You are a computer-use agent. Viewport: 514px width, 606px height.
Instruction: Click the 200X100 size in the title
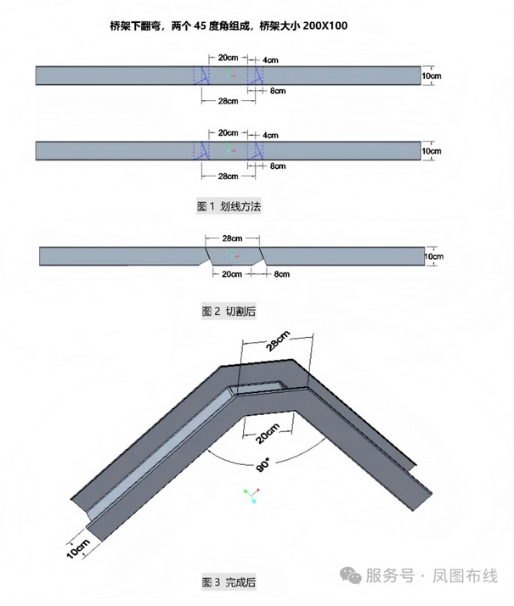[x=324, y=26]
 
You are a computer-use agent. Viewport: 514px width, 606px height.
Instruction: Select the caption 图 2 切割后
[x=229, y=311]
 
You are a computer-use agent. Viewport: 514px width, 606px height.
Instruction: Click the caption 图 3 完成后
[x=229, y=582]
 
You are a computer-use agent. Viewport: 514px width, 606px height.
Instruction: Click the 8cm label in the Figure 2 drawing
[x=281, y=274]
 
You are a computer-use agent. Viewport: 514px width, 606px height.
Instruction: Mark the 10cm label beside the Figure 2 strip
[x=433, y=255]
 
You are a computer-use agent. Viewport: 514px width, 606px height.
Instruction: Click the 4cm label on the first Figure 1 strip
[x=271, y=60]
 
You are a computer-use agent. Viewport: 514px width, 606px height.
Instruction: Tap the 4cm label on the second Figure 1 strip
[x=271, y=135]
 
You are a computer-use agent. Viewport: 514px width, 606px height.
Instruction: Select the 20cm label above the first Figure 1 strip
[x=227, y=58]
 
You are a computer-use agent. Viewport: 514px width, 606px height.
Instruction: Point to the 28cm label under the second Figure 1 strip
[x=227, y=176]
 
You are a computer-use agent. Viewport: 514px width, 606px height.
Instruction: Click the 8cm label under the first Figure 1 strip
[x=277, y=90]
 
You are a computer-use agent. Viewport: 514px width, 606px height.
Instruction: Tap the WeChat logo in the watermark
[x=351, y=575]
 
